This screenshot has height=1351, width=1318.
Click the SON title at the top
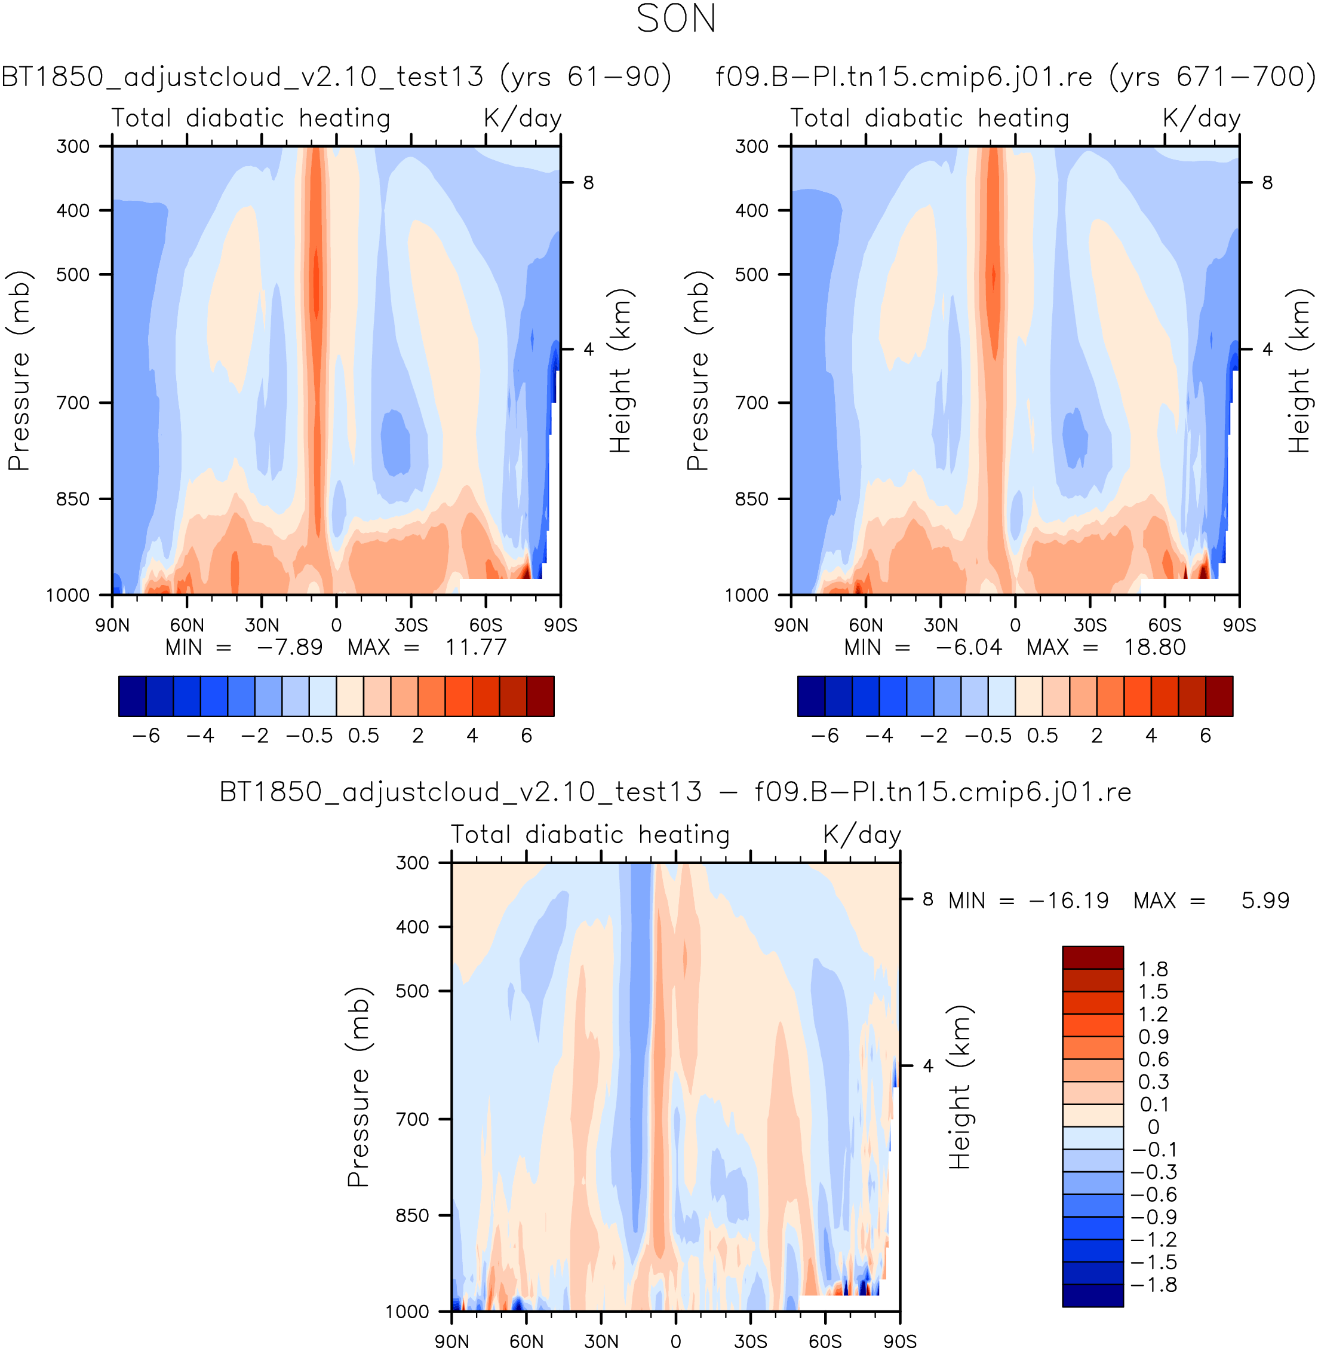(675, 19)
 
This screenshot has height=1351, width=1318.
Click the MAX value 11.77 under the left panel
(475, 648)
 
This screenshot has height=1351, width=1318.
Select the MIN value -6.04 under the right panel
(969, 648)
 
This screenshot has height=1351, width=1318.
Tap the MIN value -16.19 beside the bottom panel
(1069, 901)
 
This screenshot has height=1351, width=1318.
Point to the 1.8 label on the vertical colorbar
(1153, 969)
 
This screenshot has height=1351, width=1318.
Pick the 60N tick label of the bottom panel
(526, 1341)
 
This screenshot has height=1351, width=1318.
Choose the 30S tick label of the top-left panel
(411, 625)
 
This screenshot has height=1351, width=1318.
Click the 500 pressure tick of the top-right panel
(752, 275)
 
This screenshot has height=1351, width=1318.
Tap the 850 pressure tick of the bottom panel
(413, 1215)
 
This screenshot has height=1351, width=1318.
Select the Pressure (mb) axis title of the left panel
(19, 370)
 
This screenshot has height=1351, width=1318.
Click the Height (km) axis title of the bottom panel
(960, 1087)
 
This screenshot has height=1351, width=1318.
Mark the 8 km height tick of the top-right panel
(1267, 183)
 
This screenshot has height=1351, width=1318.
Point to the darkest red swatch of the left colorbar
(540, 696)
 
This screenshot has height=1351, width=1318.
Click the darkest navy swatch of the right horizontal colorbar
(812, 696)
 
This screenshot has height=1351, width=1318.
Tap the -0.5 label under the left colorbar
(309, 736)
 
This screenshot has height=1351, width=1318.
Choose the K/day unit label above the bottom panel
(862, 834)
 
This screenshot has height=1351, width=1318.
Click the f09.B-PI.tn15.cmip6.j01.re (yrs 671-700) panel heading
(1015, 76)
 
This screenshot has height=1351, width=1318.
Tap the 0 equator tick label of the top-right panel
(1015, 625)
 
